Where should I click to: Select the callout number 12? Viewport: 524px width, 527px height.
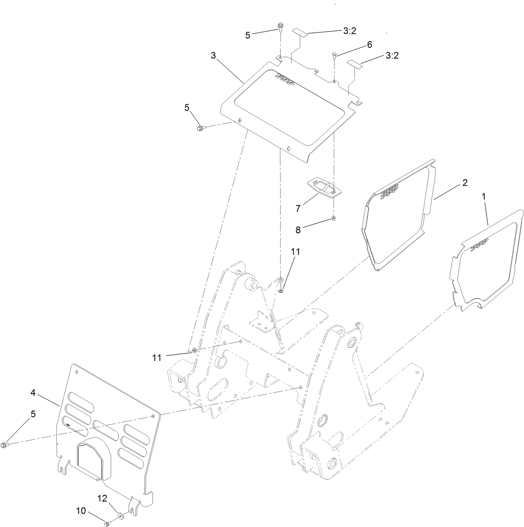pos(102,498)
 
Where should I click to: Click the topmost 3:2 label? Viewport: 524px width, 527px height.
pos(349,30)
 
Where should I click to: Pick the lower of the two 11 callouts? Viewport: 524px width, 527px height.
pos(157,358)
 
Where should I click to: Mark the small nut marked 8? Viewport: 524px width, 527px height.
pos(334,218)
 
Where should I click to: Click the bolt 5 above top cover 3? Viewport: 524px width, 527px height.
pos(281,28)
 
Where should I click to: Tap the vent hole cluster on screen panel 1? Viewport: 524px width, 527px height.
pos(480,245)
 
